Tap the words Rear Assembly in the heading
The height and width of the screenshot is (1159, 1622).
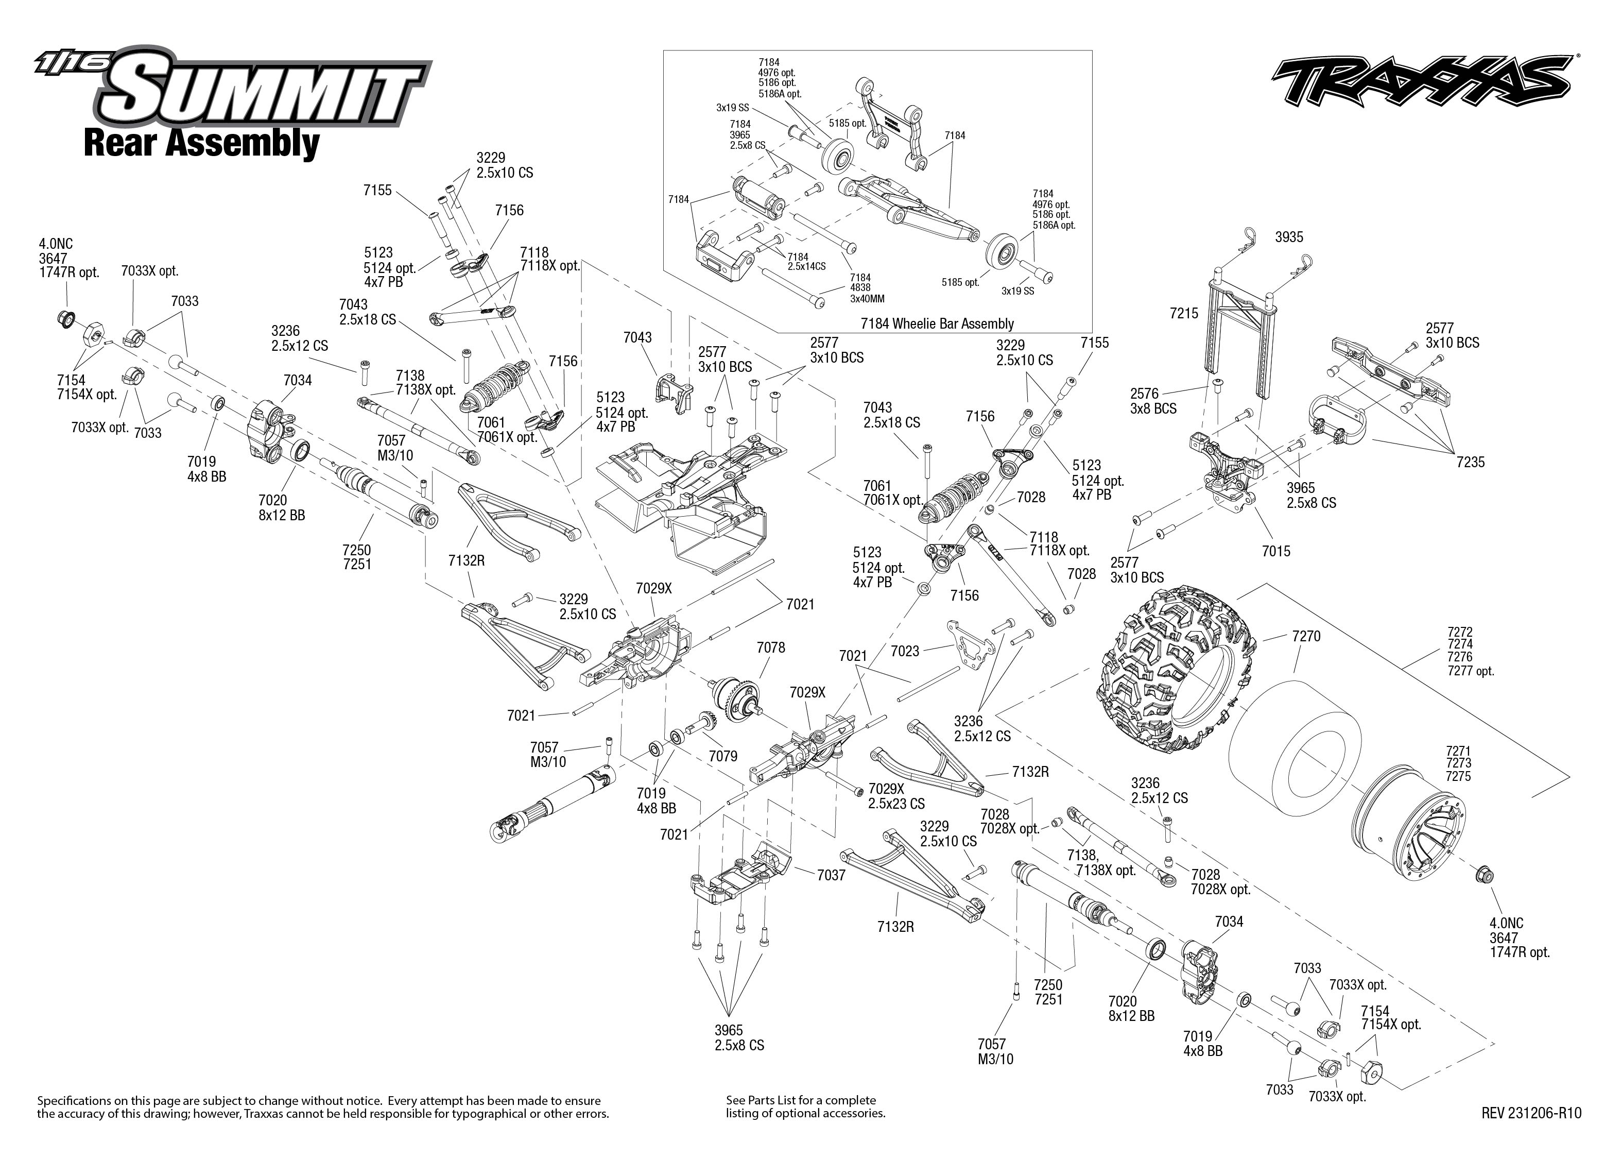(201, 143)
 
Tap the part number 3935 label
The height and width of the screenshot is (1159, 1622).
(1289, 237)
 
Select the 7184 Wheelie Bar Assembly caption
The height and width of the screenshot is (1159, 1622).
(937, 323)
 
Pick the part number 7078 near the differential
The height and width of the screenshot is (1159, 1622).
(770, 647)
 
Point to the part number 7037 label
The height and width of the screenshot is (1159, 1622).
(831, 875)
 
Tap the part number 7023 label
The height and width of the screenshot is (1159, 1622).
(905, 651)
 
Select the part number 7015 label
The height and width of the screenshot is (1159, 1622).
(1275, 551)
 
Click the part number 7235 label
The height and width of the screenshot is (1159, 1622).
(1470, 463)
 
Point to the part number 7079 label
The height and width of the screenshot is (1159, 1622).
(722, 756)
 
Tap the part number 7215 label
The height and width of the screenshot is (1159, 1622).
(1184, 313)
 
